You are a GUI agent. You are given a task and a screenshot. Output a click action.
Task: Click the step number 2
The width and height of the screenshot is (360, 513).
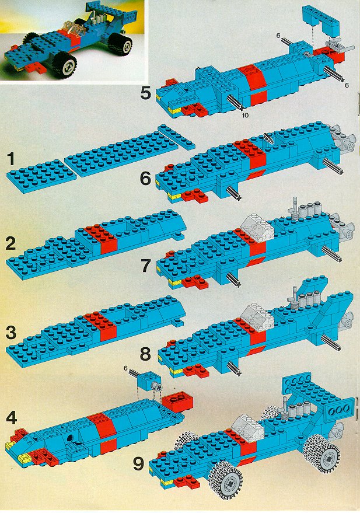(x=11, y=243)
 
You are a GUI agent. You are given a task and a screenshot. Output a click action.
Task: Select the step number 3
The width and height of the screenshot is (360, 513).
(x=11, y=333)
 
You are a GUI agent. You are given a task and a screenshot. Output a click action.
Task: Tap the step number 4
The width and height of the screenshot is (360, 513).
(x=12, y=417)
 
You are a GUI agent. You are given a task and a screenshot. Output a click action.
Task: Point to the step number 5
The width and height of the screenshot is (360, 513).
(x=146, y=93)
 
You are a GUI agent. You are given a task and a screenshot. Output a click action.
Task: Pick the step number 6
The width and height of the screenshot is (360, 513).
(x=146, y=179)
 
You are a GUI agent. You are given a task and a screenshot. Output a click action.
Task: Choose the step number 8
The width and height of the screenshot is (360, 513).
(x=146, y=354)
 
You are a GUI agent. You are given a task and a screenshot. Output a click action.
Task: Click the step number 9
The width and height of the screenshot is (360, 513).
(x=139, y=463)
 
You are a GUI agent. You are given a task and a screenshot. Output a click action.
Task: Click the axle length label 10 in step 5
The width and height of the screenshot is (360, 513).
(x=245, y=115)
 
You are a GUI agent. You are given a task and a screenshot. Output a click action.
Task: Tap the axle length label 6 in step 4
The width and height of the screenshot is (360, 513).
(x=125, y=368)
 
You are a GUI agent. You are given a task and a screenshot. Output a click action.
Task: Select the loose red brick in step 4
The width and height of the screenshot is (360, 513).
(x=177, y=402)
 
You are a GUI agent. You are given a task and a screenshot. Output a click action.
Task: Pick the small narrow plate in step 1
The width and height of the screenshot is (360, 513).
(x=177, y=137)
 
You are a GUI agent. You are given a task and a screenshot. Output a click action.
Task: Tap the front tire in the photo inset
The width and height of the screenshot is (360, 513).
(x=65, y=66)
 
